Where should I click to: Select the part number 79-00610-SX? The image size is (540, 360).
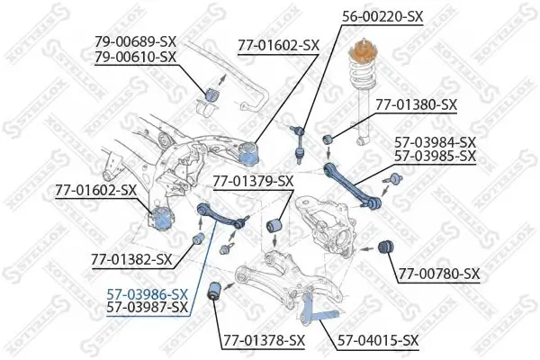point(135,57)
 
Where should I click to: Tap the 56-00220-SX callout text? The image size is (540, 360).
point(383,15)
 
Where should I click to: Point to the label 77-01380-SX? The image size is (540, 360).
point(416,105)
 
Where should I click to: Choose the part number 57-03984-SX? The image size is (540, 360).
point(436,142)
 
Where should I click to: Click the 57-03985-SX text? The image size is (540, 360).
point(436,156)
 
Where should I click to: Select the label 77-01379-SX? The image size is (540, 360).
point(253,182)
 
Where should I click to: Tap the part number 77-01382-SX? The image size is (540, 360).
point(130,259)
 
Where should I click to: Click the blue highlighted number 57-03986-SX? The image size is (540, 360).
point(147,293)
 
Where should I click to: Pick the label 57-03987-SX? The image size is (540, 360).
point(147,307)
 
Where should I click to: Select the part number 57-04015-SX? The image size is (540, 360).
point(378,339)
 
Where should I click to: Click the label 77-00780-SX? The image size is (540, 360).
point(439,273)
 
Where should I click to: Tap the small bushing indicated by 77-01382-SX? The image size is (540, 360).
point(200,238)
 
